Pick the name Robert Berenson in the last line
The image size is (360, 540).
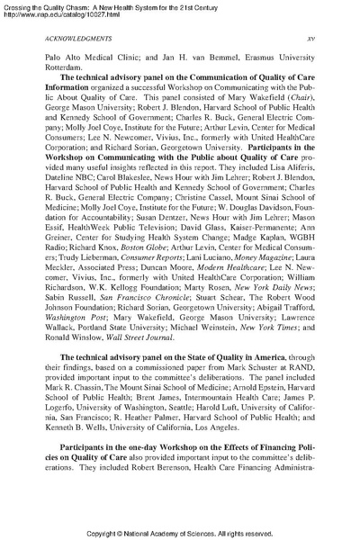click(160, 493)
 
